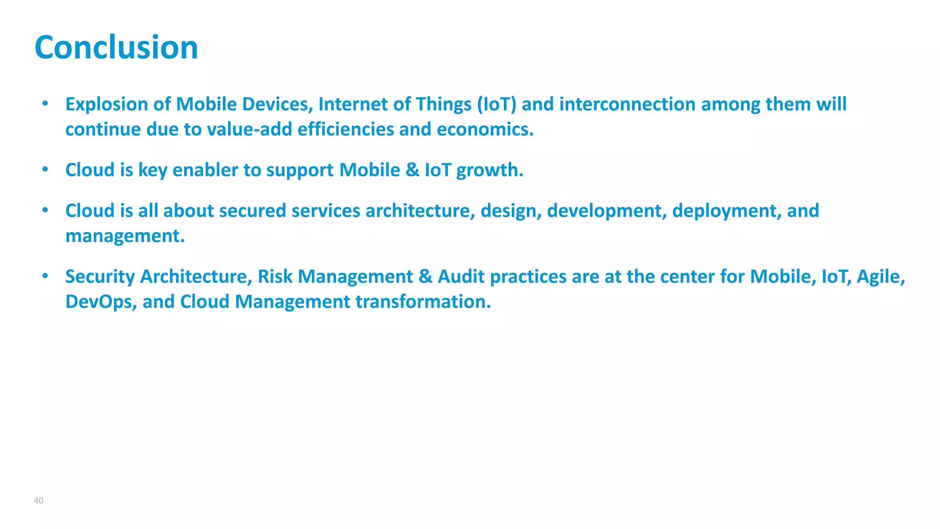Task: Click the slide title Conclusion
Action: click(x=116, y=47)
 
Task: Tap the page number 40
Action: click(x=39, y=501)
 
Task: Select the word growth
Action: click(x=489, y=170)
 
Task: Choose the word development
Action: click(x=607, y=211)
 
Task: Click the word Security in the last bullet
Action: click(x=100, y=276)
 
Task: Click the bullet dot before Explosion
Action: click(x=45, y=103)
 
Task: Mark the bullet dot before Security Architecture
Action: click(x=45, y=276)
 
